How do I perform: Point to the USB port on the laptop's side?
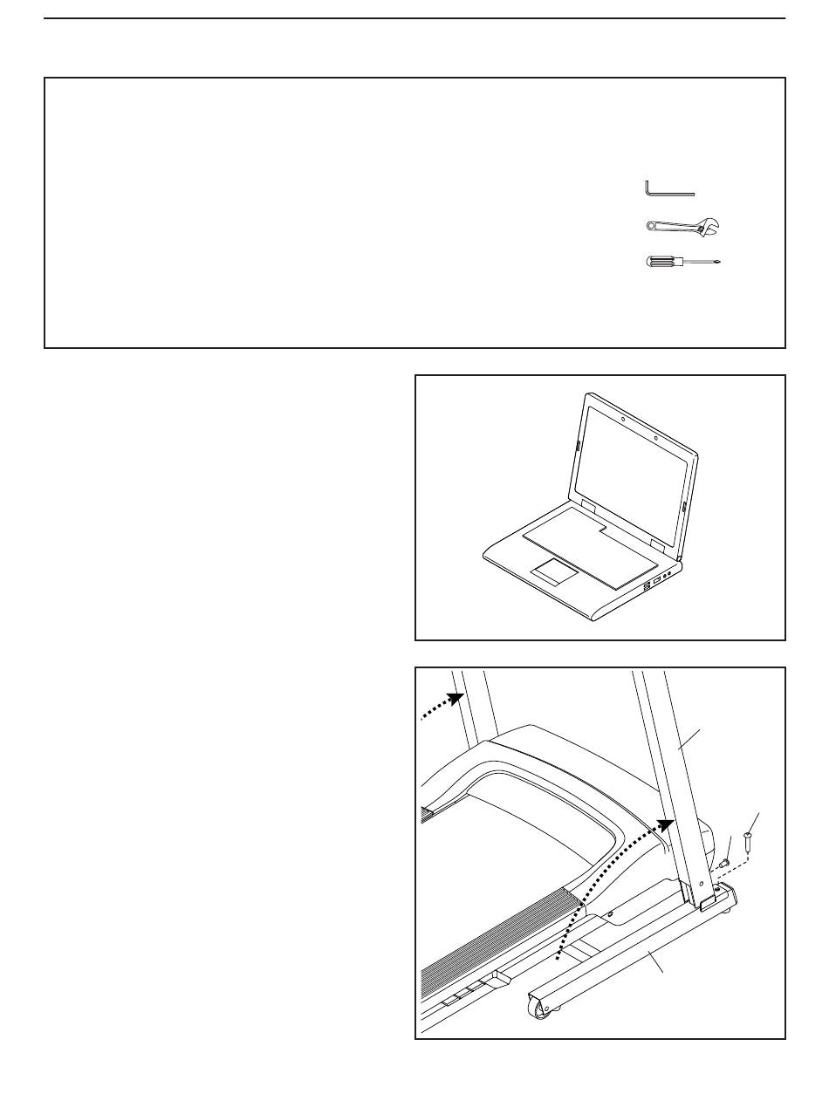pos(655,581)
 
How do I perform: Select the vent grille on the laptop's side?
pos(646,589)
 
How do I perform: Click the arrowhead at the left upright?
pos(452,699)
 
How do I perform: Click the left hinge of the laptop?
pos(586,507)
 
